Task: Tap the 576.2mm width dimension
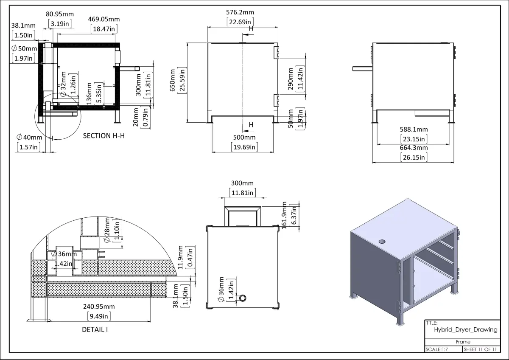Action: coord(241,13)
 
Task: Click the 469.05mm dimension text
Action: coord(104,19)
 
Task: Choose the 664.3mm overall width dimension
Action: coord(414,148)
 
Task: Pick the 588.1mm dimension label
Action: coord(414,129)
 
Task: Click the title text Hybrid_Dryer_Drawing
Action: coord(465,330)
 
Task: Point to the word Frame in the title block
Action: coord(463,342)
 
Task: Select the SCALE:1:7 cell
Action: coord(437,350)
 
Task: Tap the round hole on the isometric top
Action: coord(383,241)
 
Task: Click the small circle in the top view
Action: coord(243,298)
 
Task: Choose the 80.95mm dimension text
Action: coord(59,14)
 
